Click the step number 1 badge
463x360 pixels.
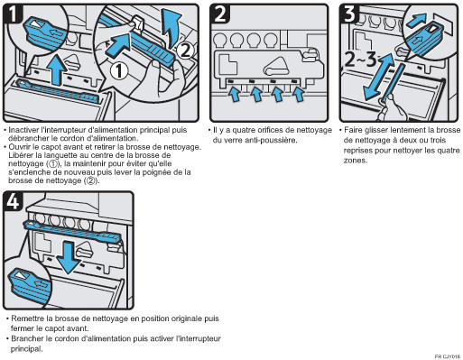(13, 14)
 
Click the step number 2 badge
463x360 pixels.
(220, 14)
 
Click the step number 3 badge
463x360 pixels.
(349, 14)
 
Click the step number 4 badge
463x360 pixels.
(13, 201)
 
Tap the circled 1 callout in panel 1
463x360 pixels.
(119, 71)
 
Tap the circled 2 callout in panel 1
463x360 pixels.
(185, 51)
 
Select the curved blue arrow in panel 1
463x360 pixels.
(171, 28)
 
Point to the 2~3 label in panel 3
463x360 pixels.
(360, 59)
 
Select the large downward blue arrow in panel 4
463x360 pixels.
(69, 258)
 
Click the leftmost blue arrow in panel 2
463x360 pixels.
(235, 94)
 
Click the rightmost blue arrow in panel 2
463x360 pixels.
(299, 94)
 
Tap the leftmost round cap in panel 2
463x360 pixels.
(220, 41)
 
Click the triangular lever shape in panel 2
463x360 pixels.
(276, 66)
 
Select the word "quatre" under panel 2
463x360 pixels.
(244, 130)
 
